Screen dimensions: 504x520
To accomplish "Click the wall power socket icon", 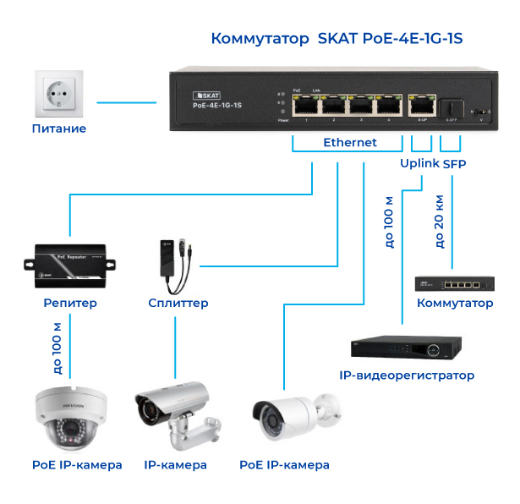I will click(x=59, y=95).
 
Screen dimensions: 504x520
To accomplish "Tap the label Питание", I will click(x=59, y=129).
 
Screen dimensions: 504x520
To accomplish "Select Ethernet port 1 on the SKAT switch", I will click(x=304, y=106).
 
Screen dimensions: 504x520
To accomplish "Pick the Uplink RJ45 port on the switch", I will click(x=420, y=106).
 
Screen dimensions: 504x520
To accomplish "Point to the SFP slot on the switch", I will click(x=451, y=107).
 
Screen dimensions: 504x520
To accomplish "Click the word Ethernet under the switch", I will click(x=350, y=143).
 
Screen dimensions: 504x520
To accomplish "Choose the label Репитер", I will click(x=70, y=303).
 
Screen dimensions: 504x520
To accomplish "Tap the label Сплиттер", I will click(x=178, y=303).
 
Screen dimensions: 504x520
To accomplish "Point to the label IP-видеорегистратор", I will click(x=407, y=375).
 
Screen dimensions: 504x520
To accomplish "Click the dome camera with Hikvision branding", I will click(x=70, y=417).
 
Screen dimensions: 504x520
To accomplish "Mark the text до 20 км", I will click(x=440, y=223).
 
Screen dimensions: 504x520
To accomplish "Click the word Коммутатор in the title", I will click(x=261, y=38).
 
